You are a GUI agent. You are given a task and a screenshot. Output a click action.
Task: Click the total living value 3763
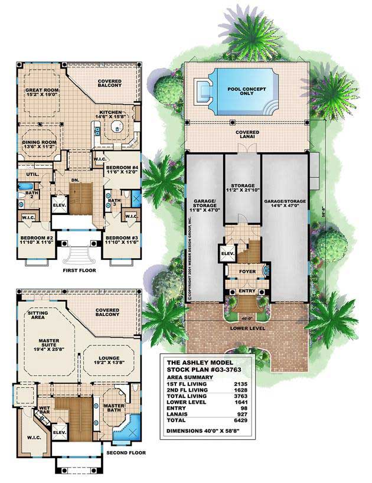tap(240, 396)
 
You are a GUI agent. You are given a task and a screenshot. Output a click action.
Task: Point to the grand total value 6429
tap(240, 421)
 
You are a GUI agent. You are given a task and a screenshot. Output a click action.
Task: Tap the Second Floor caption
tap(122, 453)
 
